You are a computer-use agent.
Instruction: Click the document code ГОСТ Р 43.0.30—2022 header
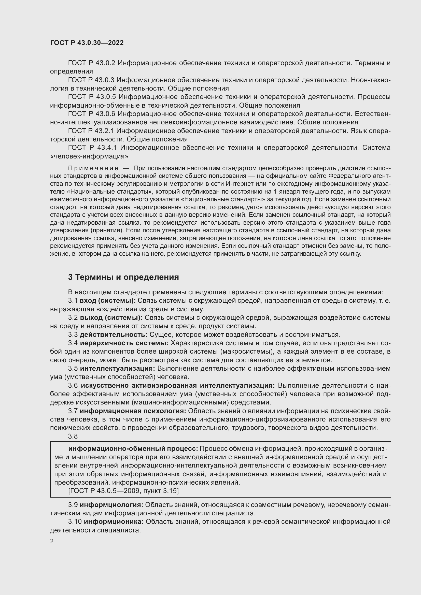[x=87, y=43]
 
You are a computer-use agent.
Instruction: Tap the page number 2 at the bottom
[x=52, y=541]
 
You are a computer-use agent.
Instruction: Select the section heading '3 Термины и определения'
[x=123, y=277]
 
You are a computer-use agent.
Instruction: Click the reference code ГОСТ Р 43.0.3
[x=91, y=80]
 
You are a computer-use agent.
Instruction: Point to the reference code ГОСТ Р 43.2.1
[x=91, y=130]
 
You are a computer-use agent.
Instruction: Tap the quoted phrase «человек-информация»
[x=89, y=156]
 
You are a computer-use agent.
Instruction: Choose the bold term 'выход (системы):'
[x=111, y=317]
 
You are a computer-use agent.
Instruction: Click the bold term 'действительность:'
[x=114, y=335]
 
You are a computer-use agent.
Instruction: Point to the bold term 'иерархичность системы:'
[x=124, y=343]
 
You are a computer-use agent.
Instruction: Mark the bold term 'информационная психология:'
[x=133, y=411]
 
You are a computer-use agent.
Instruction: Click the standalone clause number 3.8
[x=73, y=436]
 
